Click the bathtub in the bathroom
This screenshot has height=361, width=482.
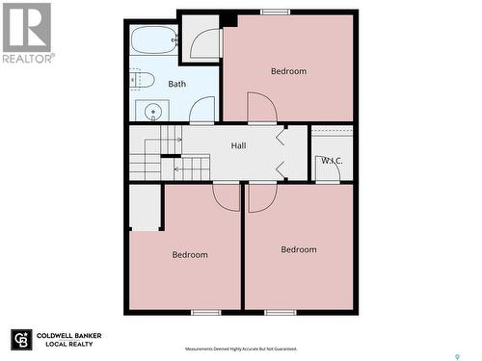[x=154, y=40]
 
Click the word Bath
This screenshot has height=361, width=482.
[x=177, y=84]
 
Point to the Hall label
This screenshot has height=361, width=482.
[x=238, y=145]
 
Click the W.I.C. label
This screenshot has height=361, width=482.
[x=332, y=160]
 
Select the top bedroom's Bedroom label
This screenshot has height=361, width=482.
[x=288, y=71]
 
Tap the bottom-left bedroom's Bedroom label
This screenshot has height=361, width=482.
[x=190, y=255]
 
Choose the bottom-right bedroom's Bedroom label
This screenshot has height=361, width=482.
[x=299, y=250]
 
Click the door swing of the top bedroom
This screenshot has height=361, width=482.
[x=261, y=107]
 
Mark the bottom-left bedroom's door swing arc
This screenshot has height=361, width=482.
[x=227, y=196]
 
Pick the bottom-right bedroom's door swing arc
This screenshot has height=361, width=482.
[x=261, y=197]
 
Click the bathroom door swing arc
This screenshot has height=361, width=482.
[x=202, y=111]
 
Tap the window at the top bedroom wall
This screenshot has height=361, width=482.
[x=276, y=12]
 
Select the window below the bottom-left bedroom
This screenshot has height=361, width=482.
[x=205, y=312]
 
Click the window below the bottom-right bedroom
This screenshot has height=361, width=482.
[x=280, y=312]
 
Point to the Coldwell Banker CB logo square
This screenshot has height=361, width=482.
[x=21, y=340]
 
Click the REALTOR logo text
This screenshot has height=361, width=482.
[x=28, y=58]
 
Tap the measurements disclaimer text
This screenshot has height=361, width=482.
[x=240, y=348]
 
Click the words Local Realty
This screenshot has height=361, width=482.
[x=67, y=344]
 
